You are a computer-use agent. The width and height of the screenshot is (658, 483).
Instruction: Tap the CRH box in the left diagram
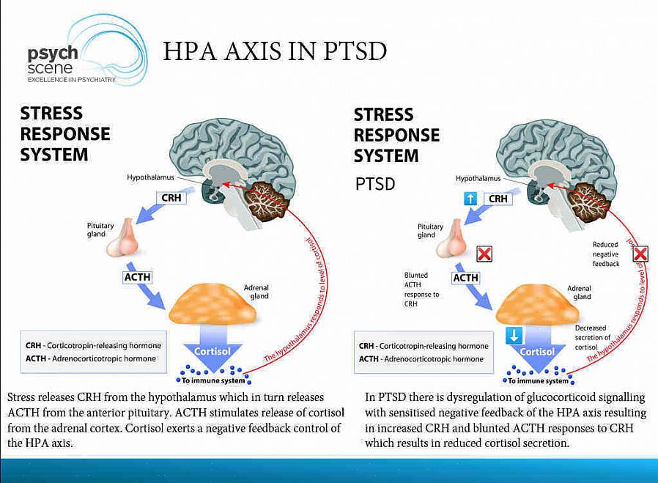pyautogui.click(x=173, y=198)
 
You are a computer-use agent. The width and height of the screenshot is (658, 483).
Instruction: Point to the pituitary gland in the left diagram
pyautogui.click(x=122, y=238)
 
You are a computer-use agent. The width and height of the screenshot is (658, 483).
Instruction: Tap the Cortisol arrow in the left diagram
pyautogui.click(x=212, y=353)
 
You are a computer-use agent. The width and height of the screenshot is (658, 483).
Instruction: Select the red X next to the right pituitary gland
pyautogui.click(x=484, y=254)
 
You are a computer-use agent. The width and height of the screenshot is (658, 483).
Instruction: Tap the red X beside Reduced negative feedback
pyautogui.click(x=640, y=254)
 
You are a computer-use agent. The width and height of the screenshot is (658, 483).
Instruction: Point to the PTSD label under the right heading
pyautogui.click(x=375, y=184)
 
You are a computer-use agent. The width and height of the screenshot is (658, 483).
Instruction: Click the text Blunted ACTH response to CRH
pyautogui.click(x=421, y=290)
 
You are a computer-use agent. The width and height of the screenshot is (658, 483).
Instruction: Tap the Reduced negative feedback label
pyautogui.click(x=606, y=254)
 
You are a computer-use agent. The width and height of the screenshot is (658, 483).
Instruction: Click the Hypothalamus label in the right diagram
pyautogui.click(x=478, y=178)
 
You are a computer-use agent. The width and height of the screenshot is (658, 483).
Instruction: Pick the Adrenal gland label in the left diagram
pyautogui.click(x=256, y=292)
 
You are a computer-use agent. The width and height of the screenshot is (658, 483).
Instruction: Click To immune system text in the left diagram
pyautogui.click(x=212, y=380)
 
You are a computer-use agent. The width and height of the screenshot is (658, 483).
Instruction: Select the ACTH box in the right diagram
pyautogui.click(x=465, y=278)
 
